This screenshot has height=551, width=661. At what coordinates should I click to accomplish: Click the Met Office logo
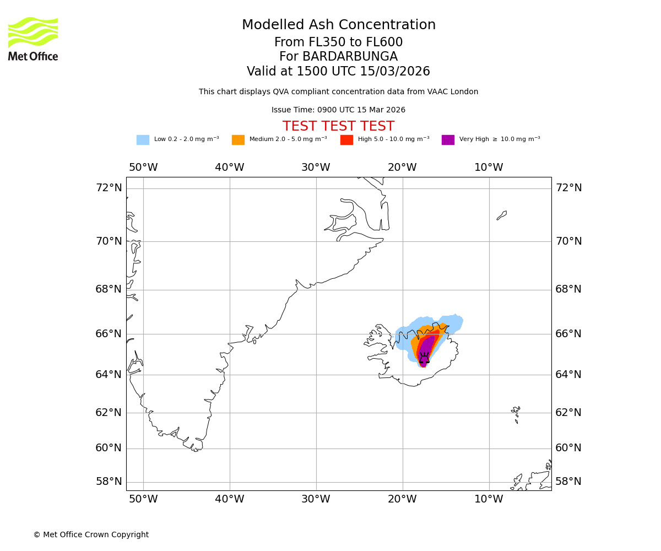point(33,39)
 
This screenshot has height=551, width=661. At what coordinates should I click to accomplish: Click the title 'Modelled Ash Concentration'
point(338,25)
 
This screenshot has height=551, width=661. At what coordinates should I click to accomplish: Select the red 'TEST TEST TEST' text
point(338,127)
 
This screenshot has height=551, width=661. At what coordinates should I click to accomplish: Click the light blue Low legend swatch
point(143,140)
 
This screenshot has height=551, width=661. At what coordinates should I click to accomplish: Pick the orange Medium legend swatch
point(238,140)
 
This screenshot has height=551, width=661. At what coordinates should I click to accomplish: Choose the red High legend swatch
point(346,140)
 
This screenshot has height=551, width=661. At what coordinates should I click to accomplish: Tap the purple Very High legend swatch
point(448,140)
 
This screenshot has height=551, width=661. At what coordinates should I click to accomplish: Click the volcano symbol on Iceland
point(424,358)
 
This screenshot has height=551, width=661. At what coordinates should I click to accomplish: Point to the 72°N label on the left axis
point(109,188)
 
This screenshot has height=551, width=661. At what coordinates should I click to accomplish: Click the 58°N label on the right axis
point(568,482)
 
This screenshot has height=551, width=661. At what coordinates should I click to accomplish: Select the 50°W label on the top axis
point(143,168)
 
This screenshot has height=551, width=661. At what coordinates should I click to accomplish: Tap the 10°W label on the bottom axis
point(489,499)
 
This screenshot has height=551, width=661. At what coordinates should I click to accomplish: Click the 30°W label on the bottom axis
point(316,499)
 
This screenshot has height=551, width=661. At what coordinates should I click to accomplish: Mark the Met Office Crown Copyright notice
point(91,535)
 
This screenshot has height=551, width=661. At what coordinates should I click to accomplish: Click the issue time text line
point(338,110)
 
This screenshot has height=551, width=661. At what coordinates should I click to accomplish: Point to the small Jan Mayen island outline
point(502,215)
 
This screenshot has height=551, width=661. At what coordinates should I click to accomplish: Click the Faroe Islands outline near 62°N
point(516,413)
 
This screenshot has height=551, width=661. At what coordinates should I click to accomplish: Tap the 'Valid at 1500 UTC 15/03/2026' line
point(338,72)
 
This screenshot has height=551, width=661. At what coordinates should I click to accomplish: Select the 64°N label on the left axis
point(109,375)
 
